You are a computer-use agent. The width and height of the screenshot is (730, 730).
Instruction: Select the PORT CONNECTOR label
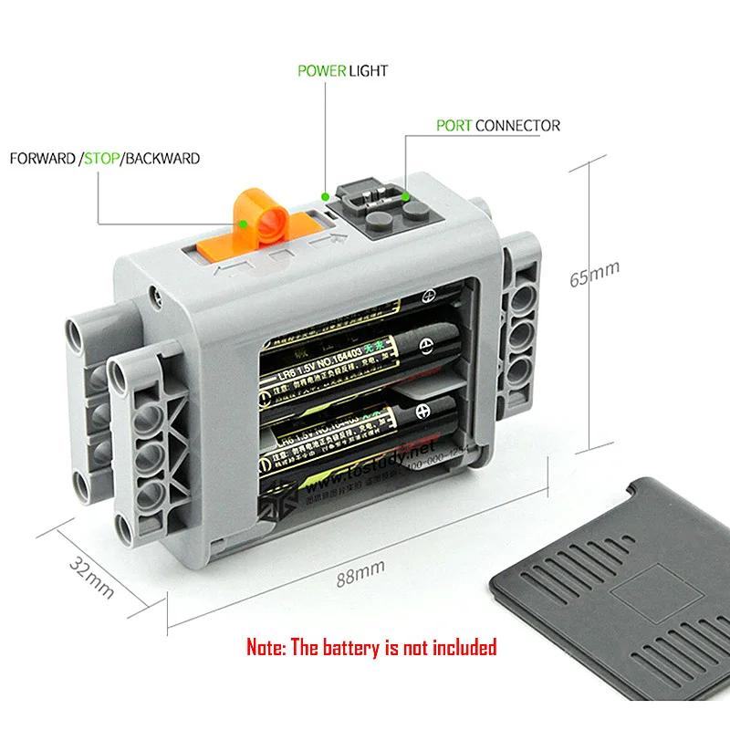(x=497, y=125)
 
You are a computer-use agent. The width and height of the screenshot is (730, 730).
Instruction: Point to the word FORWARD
(x=42, y=159)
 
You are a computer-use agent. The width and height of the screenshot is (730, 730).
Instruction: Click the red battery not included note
(x=371, y=647)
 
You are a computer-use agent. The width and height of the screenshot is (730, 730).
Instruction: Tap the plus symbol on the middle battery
(x=423, y=348)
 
